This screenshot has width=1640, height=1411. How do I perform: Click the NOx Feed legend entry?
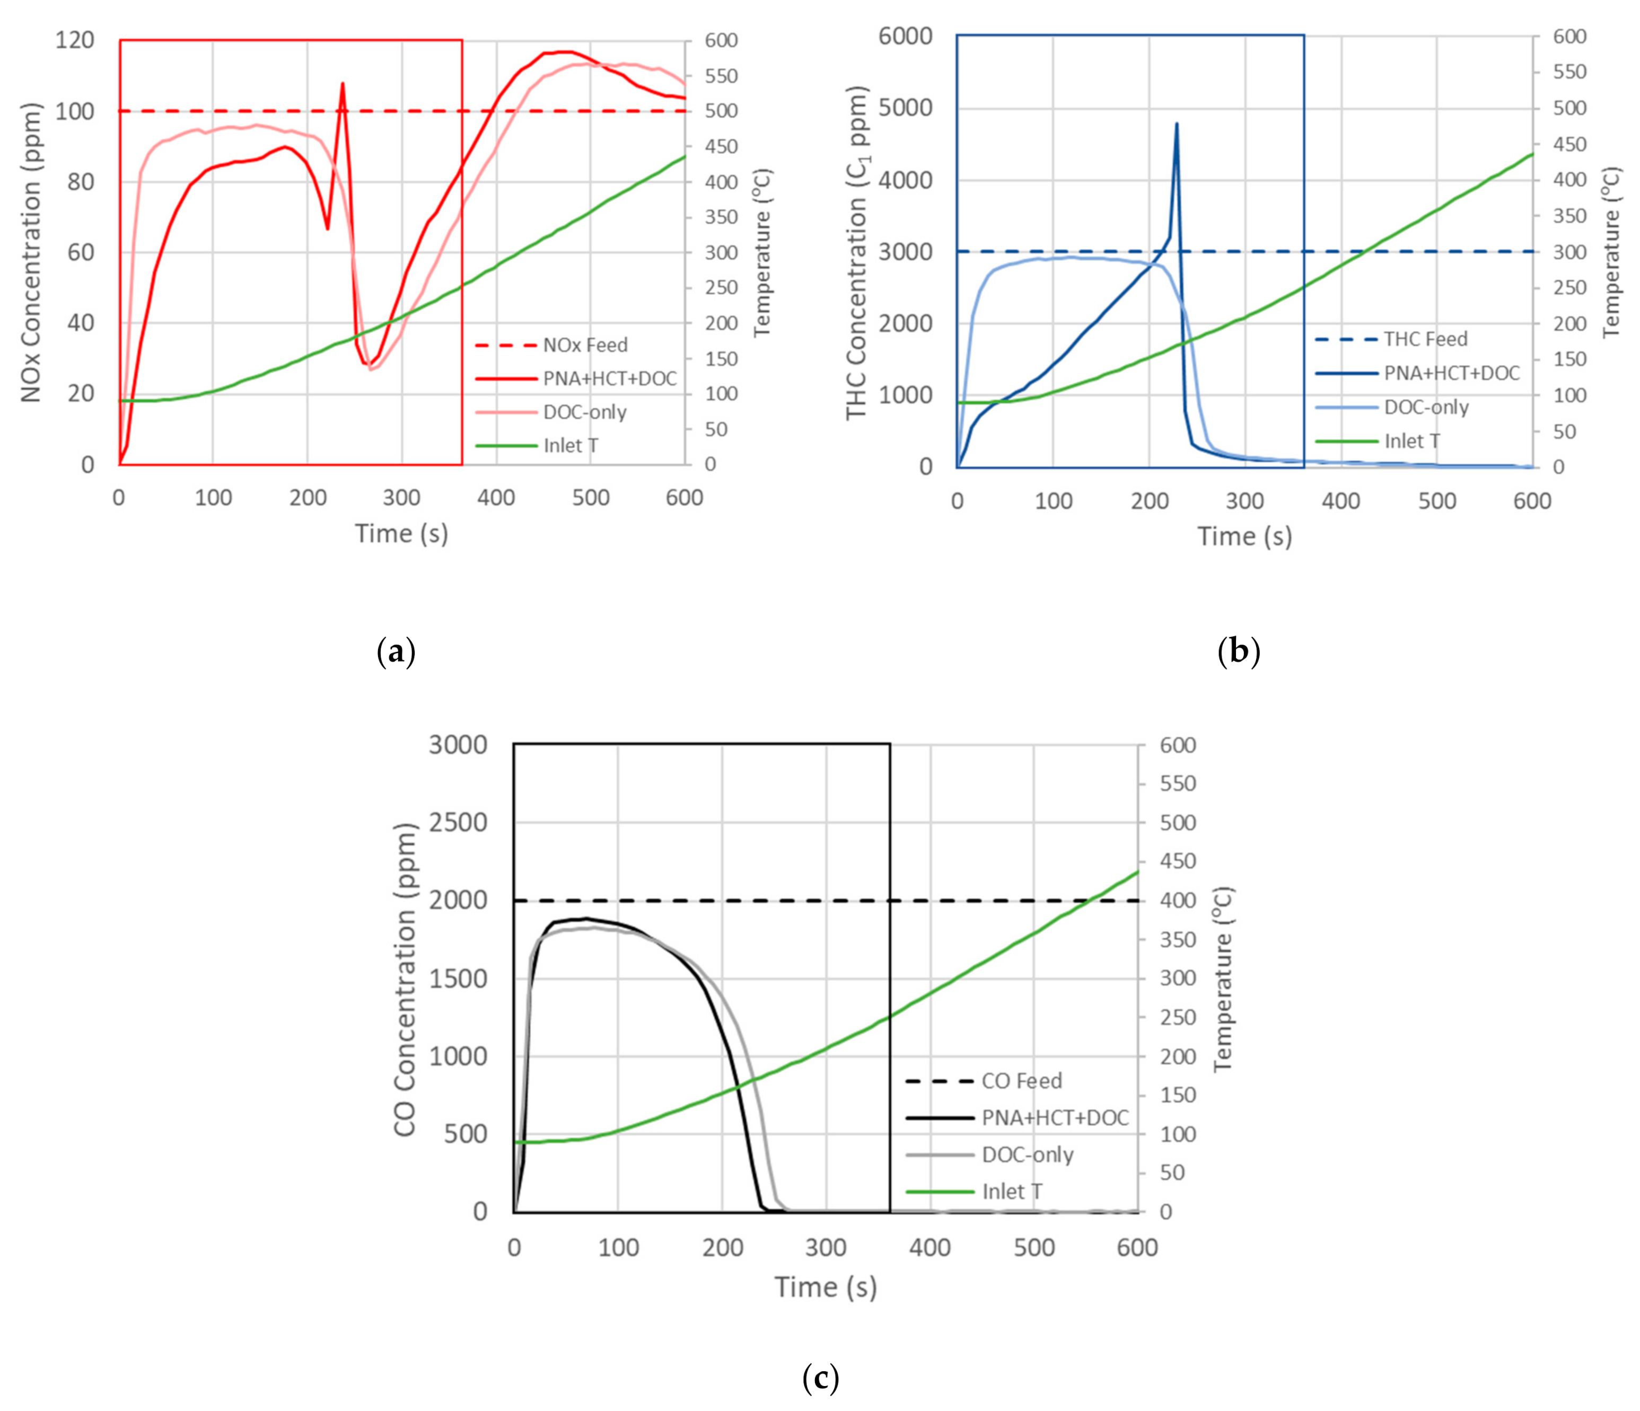[x=584, y=345]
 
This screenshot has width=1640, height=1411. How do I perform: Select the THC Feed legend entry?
[x=1425, y=339]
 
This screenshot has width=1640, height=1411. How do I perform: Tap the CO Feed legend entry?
[x=1021, y=1081]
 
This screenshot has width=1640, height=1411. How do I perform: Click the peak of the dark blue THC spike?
[x=1176, y=124]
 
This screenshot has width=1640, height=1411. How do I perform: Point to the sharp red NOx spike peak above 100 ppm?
[x=343, y=84]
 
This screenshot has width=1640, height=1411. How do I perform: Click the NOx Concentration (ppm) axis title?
[x=30, y=252]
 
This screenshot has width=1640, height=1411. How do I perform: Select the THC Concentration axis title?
[x=856, y=252]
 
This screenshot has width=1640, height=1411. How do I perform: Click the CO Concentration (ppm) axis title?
[x=405, y=980]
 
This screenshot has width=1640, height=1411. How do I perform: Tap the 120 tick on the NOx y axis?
[x=74, y=40]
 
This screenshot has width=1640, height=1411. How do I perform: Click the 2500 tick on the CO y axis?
[x=458, y=822]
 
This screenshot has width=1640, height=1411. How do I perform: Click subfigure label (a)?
[x=396, y=652]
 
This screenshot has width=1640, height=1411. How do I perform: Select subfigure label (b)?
[x=1239, y=652]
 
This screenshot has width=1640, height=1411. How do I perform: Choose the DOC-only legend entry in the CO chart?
[x=1028, y=1154]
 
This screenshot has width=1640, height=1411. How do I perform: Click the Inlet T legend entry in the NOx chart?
[x=570, y=446]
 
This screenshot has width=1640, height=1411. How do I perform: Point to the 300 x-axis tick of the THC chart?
[x=1245, y=501]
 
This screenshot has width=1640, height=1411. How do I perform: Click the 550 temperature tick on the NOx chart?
[x=721, y=76]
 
